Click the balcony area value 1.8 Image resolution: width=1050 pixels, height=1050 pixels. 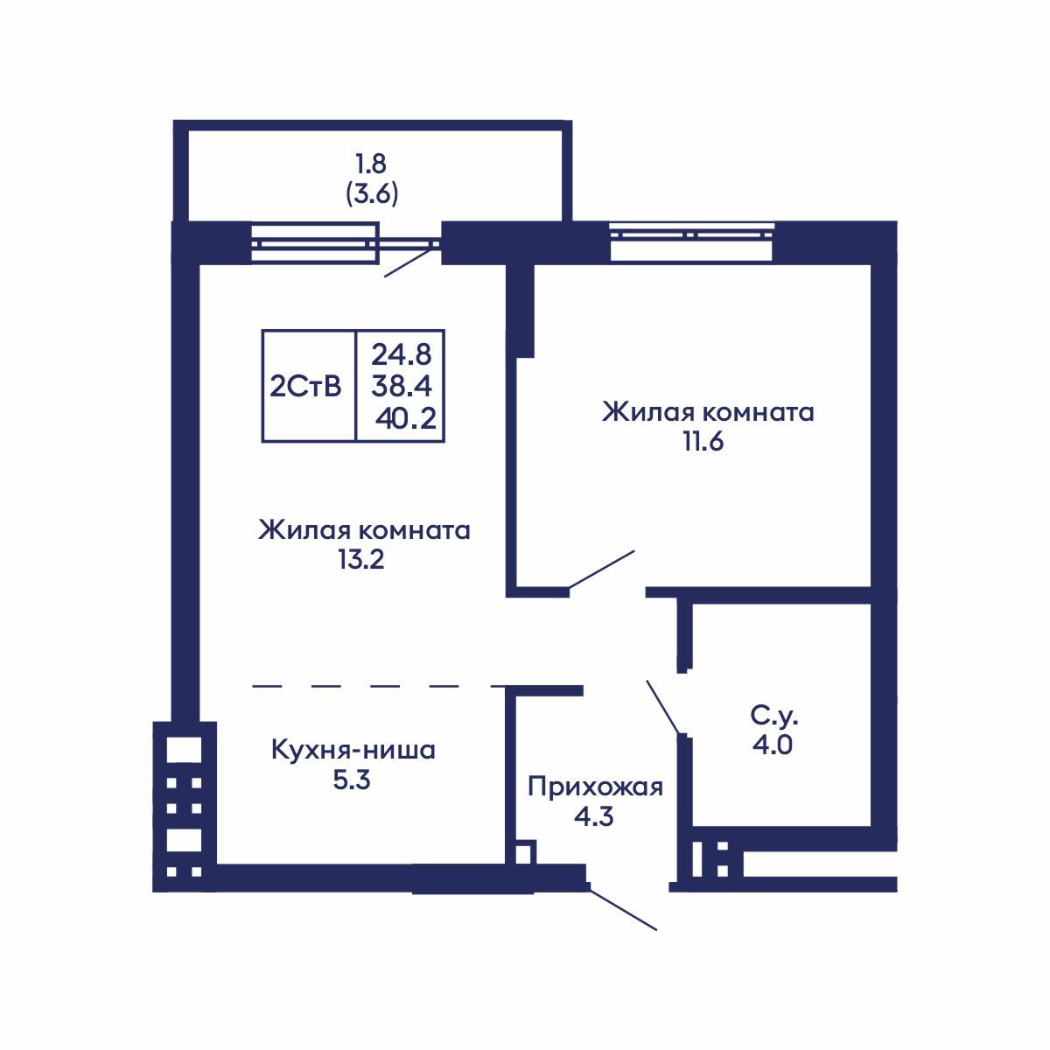(371, 164)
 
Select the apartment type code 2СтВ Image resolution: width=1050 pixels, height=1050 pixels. (305, 386)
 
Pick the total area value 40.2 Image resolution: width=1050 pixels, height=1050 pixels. (405, 418)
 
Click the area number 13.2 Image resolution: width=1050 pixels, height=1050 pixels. (361, 560)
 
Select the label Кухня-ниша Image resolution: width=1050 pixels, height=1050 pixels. (352, 751)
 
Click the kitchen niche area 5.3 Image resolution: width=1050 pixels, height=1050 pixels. (352, 780)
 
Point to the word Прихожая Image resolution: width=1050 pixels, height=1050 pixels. (595, 787)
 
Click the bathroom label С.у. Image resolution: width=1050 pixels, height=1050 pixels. (773, 717)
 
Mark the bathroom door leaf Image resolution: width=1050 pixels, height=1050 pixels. (663, 706)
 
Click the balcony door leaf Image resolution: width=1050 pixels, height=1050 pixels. (409, 262)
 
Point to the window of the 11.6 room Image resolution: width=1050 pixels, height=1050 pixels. (691, 242)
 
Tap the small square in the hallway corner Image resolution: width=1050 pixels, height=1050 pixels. (523, 854)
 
